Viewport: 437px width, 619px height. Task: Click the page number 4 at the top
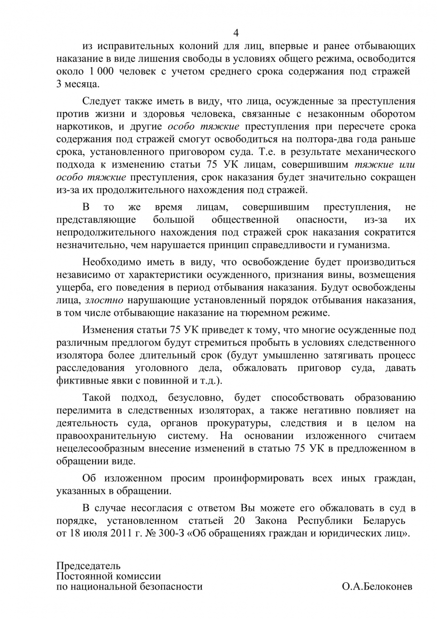tap(236, 33)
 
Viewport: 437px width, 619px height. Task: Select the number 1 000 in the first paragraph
tap(100, 72)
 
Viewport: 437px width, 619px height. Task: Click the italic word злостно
tap(104, 300)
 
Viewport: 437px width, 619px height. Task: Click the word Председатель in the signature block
tap(89, 566)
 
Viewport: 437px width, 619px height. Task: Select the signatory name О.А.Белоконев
tap(377, 587)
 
